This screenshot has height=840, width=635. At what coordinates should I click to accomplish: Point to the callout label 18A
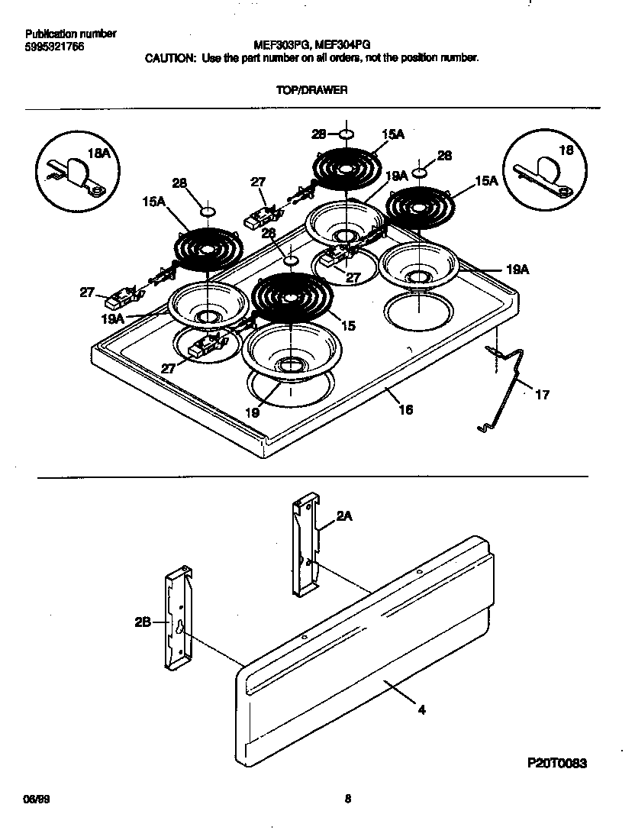click(99, 153)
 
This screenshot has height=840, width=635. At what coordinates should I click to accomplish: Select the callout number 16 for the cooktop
click(405, 410)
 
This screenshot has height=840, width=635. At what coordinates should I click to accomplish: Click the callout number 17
click(541, 395)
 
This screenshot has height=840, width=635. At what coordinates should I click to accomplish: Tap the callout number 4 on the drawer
click(421, 709)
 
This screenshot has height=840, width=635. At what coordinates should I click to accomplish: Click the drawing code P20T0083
click(559, 763)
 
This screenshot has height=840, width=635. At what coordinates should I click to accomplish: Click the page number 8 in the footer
click(347, 800)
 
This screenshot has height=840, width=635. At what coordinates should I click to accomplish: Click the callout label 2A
click(344, 516)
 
